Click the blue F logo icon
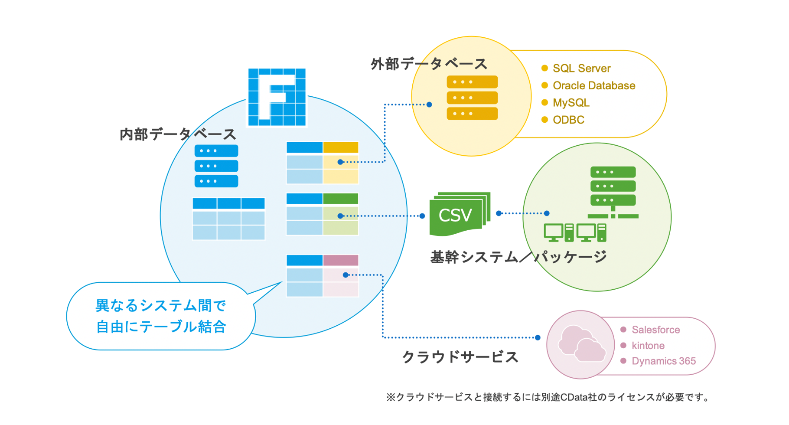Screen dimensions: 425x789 point(277,98)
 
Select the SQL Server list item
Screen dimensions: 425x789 point(581,69)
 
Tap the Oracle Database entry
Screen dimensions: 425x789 point(593,86)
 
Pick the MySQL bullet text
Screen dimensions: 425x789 point(571,103)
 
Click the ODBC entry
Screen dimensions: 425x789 point(568,120)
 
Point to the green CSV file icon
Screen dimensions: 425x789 point(457,215)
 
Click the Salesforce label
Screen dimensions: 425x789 point(655,330)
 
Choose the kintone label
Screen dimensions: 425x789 point(648,346)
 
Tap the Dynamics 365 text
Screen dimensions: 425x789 point(663,361)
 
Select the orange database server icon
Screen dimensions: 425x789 point(472,98)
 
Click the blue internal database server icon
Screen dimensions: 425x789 point(216,166)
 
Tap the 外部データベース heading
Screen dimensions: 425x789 point(429,64)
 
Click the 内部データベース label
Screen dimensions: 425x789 point(178,134)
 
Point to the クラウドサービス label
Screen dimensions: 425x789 point(460,357)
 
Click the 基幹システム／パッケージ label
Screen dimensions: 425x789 point(518,257)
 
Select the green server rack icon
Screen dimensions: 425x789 point(613,186)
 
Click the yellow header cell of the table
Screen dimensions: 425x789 point(341,147)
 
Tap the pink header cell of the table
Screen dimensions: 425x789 point(341,260)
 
